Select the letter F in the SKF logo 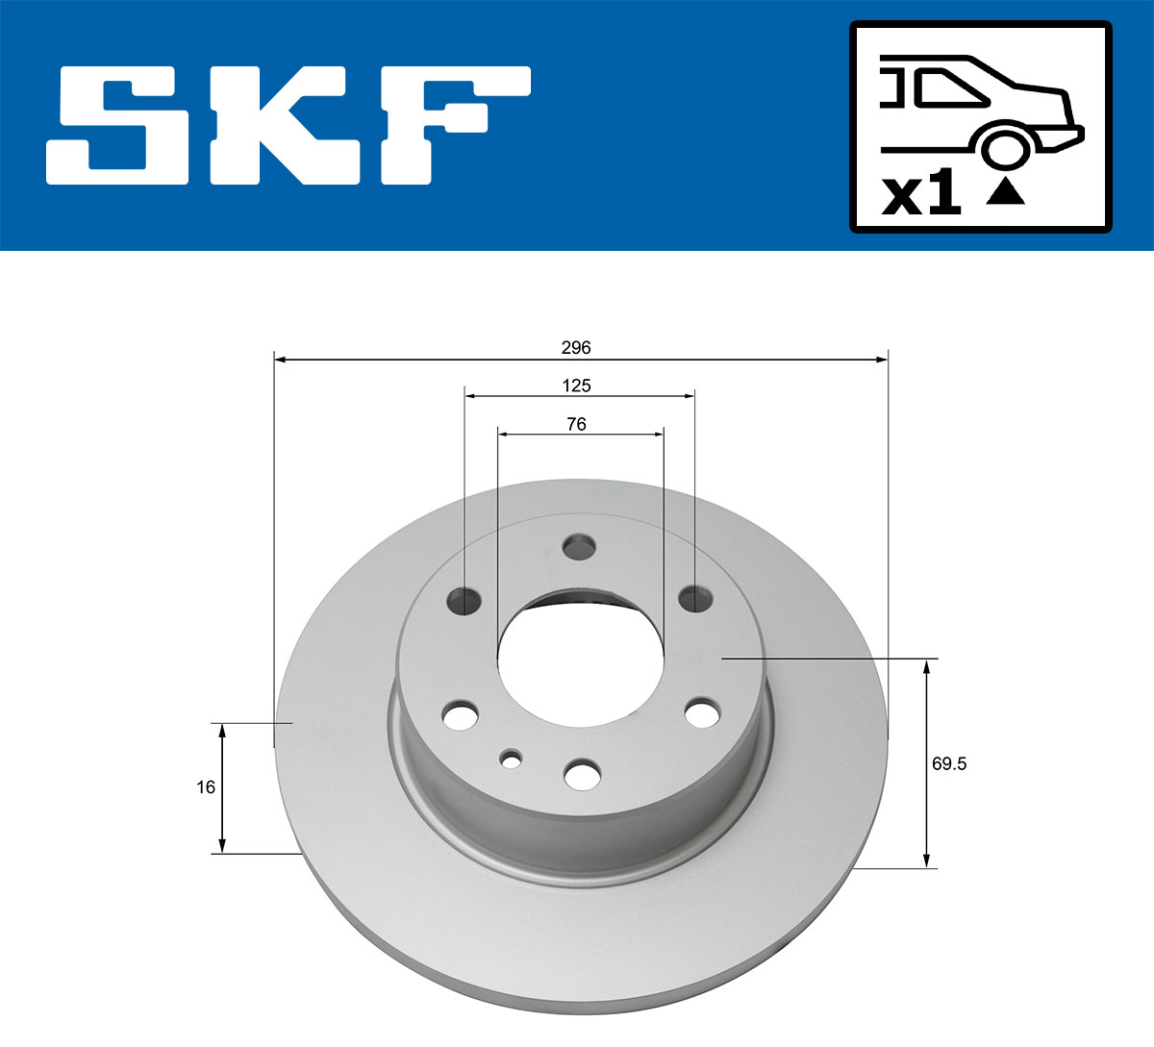coord(452,125)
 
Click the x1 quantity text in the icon coord(921,194)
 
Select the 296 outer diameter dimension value coord(575,347)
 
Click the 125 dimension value coord(576,386)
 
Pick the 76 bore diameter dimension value coord(576,424)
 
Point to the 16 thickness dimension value coord(205,787)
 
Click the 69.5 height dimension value coord(948,764)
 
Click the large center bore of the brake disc coord(580,663)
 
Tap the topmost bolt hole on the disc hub coord(579,547)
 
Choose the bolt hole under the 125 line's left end coord(464,601)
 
